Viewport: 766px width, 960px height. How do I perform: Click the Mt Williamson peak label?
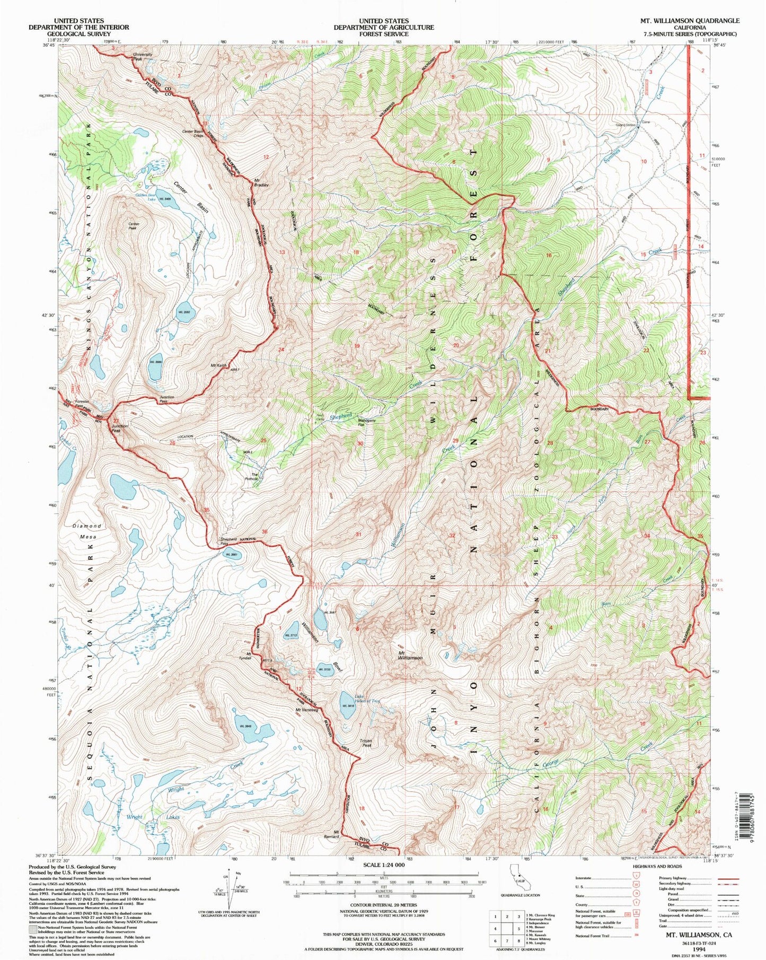pyautogui.click(x=410, y=654)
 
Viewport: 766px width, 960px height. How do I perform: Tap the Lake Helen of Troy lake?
pyautogui.click(x=347, y=705)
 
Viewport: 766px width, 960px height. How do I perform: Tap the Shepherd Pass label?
pyautogui.click(x=228, y=542)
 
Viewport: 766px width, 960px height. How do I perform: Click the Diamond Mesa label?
pyautogui.click(x=87, y=531)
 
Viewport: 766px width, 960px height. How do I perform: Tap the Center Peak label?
pyautogui.click(x=134, y=225)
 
